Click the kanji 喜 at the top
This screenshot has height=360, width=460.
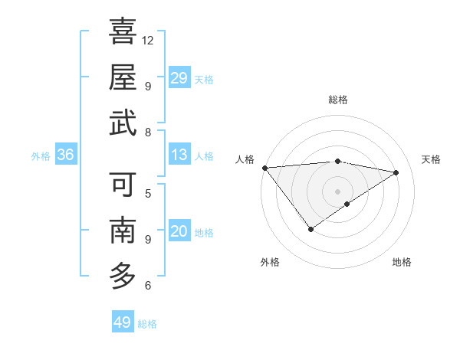[x=123, y=32]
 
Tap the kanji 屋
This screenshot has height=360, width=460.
[x=123, y=77]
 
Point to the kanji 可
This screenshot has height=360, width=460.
[x=123, y=185]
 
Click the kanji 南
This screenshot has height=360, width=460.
[x=123, y=230]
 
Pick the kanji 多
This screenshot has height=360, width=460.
[x=123, y=275]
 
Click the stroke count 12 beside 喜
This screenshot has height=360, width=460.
[x=149, y=40]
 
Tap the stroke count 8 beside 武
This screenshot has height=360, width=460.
[x=147, y=132]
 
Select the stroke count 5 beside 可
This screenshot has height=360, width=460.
[x=147, y=193]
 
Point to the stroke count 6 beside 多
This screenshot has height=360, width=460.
[x=147, y=286]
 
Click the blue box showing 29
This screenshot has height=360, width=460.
[x=179, y=78]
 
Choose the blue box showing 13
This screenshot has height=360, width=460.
[x=179, y=155]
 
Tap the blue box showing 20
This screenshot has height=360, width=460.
[x=179, y=232]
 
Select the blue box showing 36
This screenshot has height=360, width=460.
[x=66, y=155]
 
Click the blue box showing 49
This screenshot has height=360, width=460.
[x=123, y=322]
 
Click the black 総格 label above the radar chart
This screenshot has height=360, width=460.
[x=338, y=100]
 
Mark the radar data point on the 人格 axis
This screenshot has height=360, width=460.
[x=264, y=168]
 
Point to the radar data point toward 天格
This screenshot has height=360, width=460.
[x=396, y=172]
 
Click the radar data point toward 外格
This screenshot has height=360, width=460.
[x=310, y=229]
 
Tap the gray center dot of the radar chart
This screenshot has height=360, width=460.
[x=338, y=191]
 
